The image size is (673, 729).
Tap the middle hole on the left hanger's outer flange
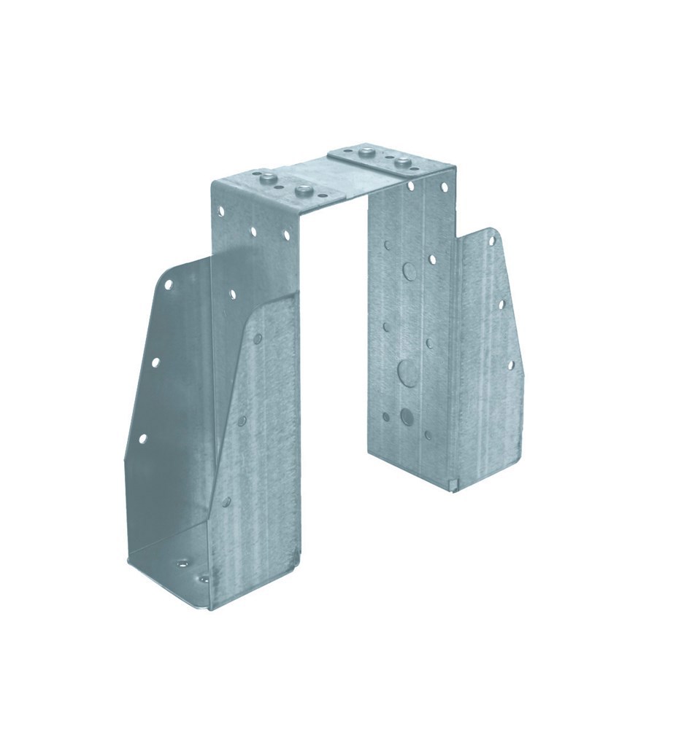[155, 360]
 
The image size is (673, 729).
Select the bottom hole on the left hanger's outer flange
[142, 438]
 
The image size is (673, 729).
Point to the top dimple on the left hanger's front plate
[258, 338]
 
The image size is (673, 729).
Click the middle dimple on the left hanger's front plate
[242, 419]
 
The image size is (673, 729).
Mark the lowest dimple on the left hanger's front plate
[226, 502]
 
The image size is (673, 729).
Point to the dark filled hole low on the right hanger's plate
[406, 417]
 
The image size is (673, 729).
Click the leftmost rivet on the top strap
[266, 177]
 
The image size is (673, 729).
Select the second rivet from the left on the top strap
[301, 191]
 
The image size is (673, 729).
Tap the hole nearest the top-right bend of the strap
[444, 188]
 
